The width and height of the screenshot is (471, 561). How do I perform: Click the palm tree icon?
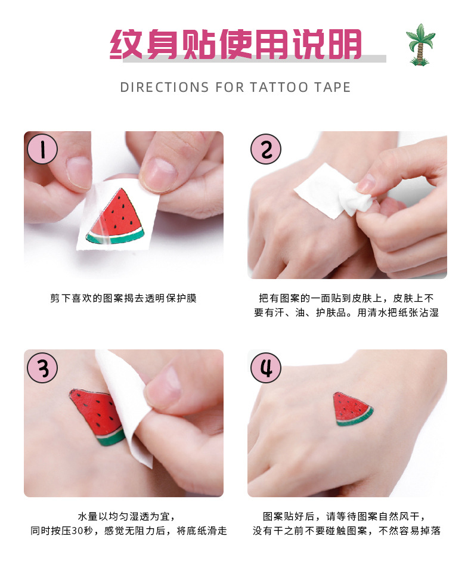(x=420, y=44)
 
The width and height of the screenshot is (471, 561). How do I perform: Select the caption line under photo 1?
(x=123, y=298)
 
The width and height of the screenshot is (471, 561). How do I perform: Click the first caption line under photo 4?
(x=346, y=516)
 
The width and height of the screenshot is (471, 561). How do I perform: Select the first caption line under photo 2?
(x=346, y=298)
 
